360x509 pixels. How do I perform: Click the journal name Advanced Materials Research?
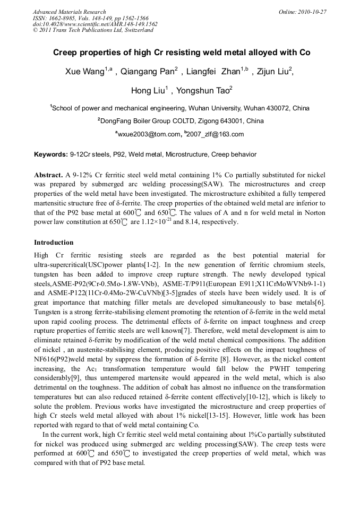coord(69,12)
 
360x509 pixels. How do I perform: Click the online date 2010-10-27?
coord(310,12)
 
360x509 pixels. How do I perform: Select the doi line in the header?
coord(95,24)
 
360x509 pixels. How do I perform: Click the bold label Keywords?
coord(51,154)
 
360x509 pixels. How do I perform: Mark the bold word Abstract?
coord(48,175)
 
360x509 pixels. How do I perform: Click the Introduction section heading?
coord(54,243)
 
